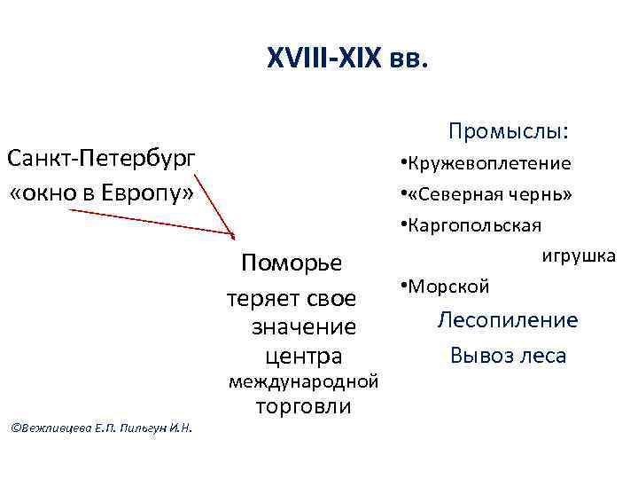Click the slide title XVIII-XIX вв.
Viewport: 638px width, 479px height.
[347, 59]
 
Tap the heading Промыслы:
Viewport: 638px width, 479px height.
[509, 131]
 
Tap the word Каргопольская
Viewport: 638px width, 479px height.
[475, 224]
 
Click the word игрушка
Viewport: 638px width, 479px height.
[579, 255]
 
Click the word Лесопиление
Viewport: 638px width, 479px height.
[508, 320]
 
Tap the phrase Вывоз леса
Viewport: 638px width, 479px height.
[508, 355]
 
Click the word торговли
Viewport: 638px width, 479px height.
[303, 407]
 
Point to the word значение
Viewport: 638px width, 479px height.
[304, 326]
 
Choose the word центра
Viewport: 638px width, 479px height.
[304, 356]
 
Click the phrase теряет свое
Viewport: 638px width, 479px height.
[291, 297]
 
